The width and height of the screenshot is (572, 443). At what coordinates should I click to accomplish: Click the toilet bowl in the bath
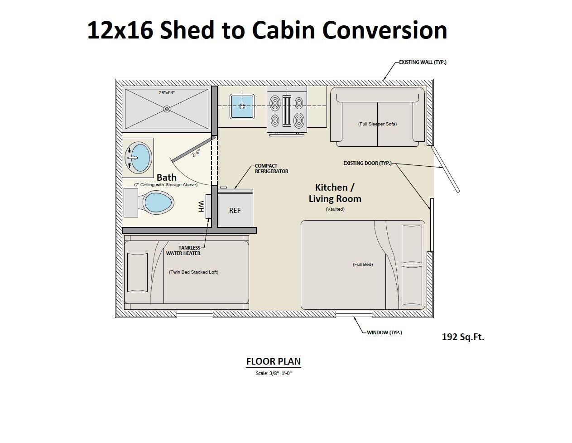(x=158, y=202)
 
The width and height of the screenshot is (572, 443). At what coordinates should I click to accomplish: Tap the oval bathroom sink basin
(x=140, y=157)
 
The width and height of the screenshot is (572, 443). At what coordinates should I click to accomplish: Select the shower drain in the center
(x=167, y=109)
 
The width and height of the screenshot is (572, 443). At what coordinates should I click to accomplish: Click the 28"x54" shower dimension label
(x=167, y=92)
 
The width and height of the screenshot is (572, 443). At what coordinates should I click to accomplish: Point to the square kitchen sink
(x=242, y=106)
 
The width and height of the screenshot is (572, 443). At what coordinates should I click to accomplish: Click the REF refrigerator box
(x=235, y=210)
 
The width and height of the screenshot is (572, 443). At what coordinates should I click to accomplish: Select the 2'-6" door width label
(x=196, y=153)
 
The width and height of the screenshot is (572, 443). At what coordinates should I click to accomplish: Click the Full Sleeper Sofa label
(x=377, y=124)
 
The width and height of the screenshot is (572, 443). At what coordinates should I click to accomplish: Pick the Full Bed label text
(x=363, y=264)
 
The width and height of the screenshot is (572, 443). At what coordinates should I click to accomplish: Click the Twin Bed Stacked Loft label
(x=193, y=272)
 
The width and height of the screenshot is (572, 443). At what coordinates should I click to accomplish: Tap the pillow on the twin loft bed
(x=137, y=272)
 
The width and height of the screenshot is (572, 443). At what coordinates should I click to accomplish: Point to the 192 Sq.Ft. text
(x=463, y=337)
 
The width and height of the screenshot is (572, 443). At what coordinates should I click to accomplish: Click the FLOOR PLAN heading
(x=273, y=361)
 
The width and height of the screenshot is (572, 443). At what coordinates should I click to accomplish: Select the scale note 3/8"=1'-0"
(x=274, y=373)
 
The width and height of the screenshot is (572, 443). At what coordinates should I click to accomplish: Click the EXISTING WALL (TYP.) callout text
(x=423, y=62)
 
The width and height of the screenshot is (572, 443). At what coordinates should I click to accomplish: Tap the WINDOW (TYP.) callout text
(x=384, y=332)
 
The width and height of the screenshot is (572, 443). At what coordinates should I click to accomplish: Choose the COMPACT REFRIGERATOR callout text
(x=271, y=169)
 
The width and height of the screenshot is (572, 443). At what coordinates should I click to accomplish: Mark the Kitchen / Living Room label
(x=335, y=193)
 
